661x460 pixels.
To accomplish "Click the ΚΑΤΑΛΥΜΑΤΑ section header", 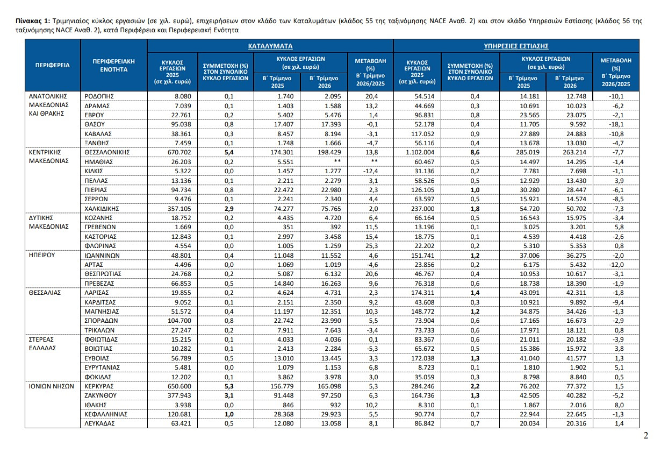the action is click(x=270, y=46).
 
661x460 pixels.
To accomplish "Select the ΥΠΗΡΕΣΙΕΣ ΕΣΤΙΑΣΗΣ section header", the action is click(x=516, y=46).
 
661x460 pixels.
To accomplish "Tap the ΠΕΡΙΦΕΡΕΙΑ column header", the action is click(x=53, y=65).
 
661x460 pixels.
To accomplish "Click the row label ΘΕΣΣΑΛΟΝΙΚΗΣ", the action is click(x=107, y=152).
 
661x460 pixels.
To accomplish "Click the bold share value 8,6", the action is click(x=475, y=152).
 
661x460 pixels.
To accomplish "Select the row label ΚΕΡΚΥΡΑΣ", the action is click(x=99, y=386).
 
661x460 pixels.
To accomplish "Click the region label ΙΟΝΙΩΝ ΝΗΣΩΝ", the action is click(x=52, y=386).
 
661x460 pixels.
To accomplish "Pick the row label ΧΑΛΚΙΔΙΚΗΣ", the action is click(x=102, y=209).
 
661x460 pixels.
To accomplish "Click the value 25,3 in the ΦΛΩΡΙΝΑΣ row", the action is click(x=373, y=246).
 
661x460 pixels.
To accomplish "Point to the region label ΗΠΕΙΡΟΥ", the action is click(x=42, y=255).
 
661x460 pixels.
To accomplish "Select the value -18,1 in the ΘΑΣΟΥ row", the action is click(x=616, y=124).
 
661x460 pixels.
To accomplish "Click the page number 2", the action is click(x=646, y=435).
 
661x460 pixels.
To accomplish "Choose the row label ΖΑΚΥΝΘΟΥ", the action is click(x=100, y=395).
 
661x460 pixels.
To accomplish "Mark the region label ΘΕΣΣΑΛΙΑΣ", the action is click(x=45, y=293).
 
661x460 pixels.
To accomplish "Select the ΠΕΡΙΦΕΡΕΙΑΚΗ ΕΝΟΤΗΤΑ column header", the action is click(x=113, y=65).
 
